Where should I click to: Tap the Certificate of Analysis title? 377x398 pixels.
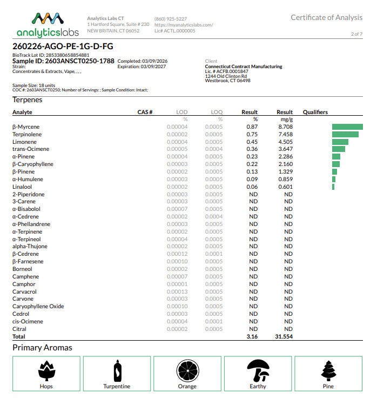(326, 17)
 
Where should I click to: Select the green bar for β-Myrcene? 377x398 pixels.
(347, 127)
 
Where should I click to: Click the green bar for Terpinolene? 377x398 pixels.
(345, 134)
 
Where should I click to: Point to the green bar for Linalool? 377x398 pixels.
(333, 187)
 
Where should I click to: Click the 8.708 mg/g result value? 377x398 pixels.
(285, 127)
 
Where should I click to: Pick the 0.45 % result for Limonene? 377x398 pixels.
(252, 142)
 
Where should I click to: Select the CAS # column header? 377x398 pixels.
(145, 112)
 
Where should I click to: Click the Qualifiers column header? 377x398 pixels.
(315, 112)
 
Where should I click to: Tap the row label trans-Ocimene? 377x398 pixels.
(31, 149)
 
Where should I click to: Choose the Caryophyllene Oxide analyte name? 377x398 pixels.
(38, 306)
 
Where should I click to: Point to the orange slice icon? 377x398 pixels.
(187, 370)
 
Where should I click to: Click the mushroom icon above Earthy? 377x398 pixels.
(258, 370)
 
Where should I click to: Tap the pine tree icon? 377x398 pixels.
(328, 370)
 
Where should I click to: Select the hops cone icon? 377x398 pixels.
(46, 370)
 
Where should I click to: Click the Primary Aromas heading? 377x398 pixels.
(42, 348)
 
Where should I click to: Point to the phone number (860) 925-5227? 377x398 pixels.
(170, 19)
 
